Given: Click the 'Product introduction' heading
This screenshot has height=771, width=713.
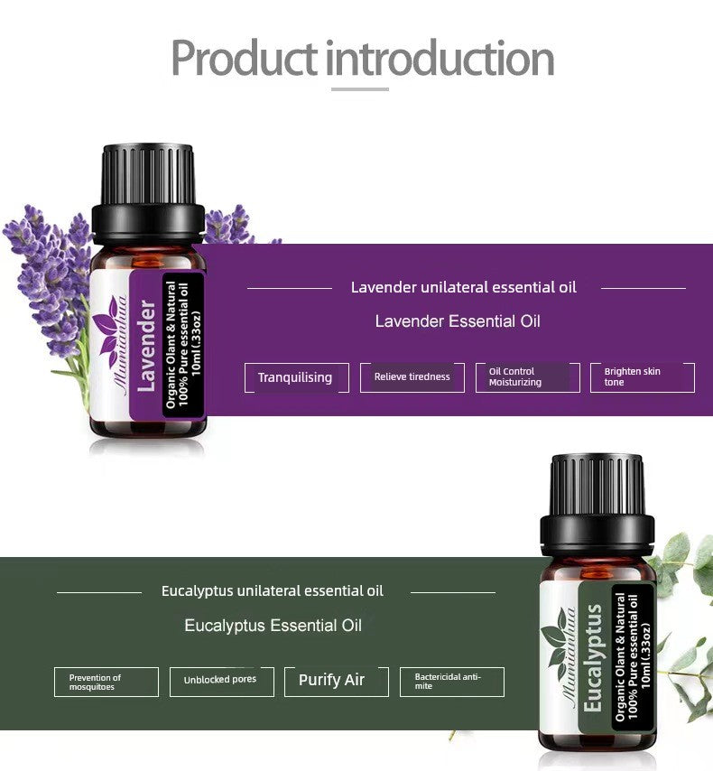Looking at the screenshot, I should point(362,58).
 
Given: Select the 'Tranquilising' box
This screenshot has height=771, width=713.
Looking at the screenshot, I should point(295,377).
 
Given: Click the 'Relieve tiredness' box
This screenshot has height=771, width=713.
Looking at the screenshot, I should point(412,377).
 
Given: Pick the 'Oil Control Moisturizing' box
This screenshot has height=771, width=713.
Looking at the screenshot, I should point(528,377).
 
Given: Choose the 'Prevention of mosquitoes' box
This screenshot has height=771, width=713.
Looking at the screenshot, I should point(106,682).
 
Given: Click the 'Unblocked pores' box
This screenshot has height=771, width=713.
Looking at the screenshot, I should point(220,682).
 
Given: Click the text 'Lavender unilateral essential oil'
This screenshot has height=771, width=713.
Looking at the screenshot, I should point(464,287).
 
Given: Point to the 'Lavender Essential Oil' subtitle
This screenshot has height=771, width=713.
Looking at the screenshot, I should point(458,321).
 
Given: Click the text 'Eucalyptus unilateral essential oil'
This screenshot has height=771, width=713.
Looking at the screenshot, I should point(273,591).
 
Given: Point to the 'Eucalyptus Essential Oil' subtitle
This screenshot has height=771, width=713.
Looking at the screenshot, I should point(273,626).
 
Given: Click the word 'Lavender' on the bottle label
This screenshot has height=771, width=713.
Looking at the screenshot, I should point(147,348).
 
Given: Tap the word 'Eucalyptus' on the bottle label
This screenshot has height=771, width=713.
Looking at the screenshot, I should point(593,658).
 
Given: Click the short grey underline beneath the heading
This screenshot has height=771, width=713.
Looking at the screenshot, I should point(360,89).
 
